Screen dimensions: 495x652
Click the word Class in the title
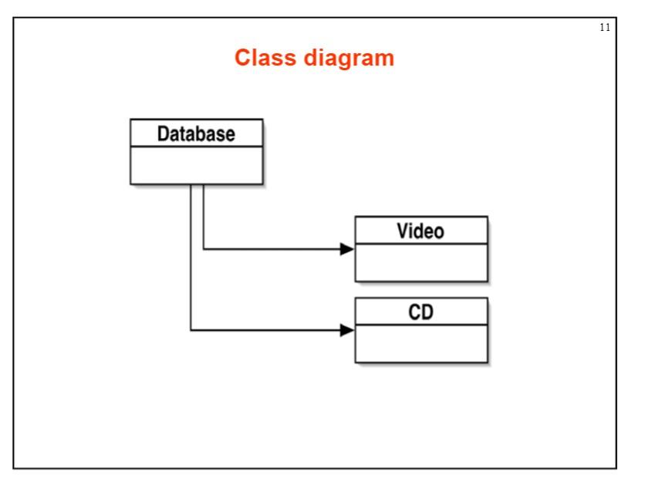tap(262, 59)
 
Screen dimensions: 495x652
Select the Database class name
tap(196, 134)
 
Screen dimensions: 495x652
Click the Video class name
tap(421, 231)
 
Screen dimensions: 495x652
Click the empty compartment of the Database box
tap(196, 165)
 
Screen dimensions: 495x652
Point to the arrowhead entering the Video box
tap(348, 249)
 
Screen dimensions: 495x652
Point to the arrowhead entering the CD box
tap(348, 330)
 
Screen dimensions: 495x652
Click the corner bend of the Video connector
tap(203, 249)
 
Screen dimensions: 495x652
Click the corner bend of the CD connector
tap(191, 330)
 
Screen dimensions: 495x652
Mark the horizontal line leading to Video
tap(270, 249)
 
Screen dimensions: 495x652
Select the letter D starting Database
tap(164, 134)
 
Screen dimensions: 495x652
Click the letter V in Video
tap(404, 231)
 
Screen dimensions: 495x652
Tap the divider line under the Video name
tap(421, 244)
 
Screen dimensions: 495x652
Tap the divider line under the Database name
tap(196, 146)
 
